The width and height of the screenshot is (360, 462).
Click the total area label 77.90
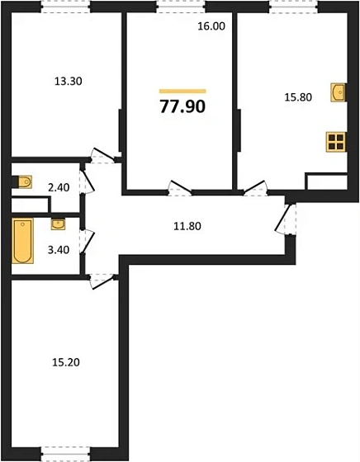coord(182,106)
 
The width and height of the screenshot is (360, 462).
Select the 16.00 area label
coord(211,26)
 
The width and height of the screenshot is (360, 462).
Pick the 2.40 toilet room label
coord(58,187)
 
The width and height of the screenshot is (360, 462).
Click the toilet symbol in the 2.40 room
coord(25,180)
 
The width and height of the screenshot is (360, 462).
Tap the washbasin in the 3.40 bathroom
coord(58,224)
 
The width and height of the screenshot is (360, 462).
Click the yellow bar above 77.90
coord(182,90)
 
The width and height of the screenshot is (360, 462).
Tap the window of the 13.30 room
coord(65,8)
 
